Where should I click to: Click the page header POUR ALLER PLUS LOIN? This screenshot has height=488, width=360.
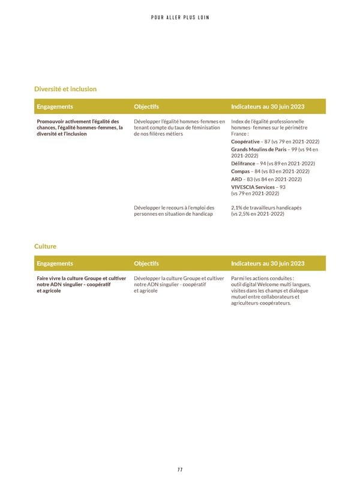180,17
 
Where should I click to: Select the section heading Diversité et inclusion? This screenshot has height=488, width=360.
65,89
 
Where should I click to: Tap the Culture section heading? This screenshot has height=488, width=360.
45,246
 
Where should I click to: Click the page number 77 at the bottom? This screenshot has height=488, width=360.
180,469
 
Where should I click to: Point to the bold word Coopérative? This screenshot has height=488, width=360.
245,141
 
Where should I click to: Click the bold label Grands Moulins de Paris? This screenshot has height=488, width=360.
259,149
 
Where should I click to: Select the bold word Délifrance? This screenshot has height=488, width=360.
243,163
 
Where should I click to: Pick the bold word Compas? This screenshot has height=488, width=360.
240,171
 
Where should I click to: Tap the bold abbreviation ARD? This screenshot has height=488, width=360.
236,179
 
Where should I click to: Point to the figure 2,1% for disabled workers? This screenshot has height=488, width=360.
237,207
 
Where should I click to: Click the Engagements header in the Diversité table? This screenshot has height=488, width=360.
55,107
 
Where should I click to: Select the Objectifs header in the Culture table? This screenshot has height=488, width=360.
146,263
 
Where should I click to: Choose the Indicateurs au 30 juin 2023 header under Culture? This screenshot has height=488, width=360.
267,263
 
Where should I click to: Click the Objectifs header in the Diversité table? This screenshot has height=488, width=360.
146,107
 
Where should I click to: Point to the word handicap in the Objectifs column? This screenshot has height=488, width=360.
202,214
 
